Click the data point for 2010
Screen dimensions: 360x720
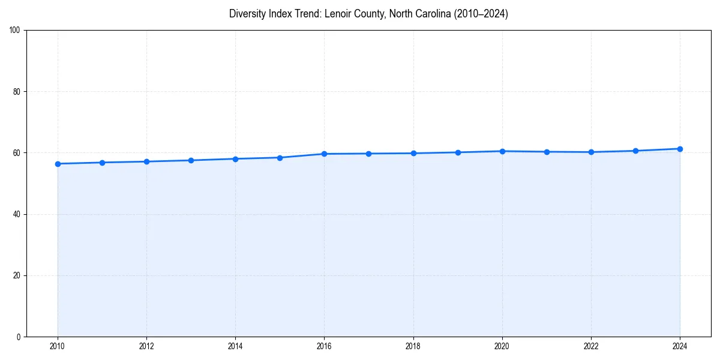(58, 164)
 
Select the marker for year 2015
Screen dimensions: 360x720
(280, 158)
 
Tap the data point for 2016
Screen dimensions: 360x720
(324, 154)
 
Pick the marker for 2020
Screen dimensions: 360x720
(502, 151)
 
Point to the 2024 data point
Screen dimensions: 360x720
(680, 149)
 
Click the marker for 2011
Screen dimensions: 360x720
(102, 163)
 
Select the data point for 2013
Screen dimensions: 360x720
(191, 160)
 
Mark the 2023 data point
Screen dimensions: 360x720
(635, 151)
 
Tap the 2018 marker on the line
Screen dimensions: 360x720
(413, 153)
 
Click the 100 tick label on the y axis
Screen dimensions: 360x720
(15, 31)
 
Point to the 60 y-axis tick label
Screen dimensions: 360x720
(17, 153)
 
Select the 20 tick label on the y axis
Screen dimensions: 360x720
(17, 275)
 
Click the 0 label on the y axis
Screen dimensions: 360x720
(19, 337)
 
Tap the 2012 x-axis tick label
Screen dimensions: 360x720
(146, 346)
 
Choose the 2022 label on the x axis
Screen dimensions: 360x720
(591, 346)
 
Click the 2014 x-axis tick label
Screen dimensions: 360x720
(235, 346)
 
